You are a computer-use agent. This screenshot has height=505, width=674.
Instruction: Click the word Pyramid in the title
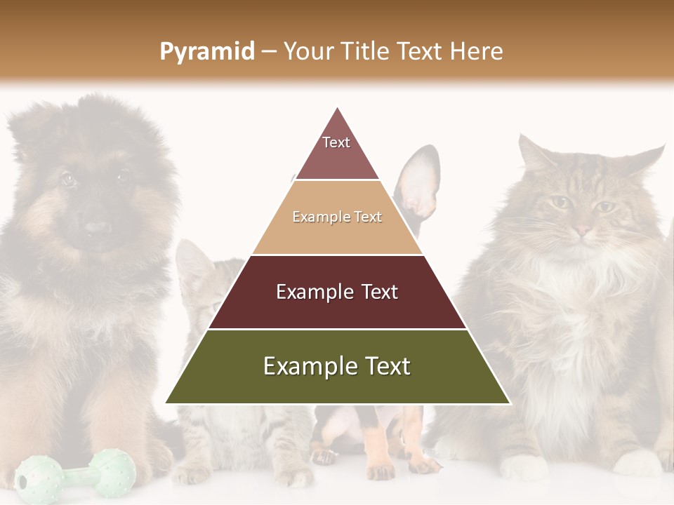pos(207,52)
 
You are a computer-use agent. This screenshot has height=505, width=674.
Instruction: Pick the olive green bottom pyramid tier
pos(337,379)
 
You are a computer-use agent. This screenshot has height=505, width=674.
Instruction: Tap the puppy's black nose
pos(96,228)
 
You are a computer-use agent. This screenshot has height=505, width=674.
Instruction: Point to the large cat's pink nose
pos(583,229)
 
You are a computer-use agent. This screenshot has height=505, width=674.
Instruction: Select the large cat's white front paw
pos(523,466)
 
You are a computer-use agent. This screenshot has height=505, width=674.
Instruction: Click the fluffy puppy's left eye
pos(68,179)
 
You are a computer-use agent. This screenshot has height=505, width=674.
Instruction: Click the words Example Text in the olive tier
pos(337,366)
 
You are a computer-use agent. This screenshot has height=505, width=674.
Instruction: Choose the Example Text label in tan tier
pos(337,217)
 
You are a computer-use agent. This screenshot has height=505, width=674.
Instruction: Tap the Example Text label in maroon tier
pos(337,292)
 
